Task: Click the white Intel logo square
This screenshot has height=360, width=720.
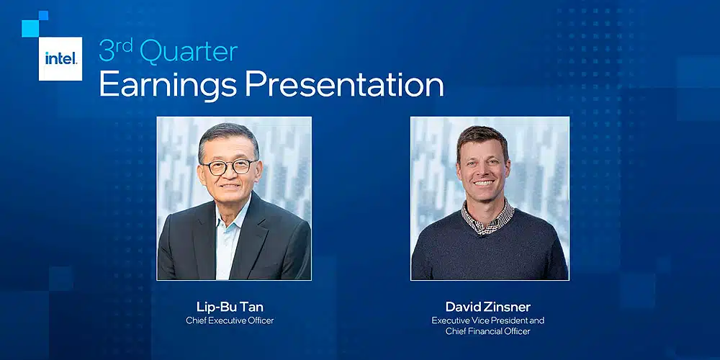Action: [x=60, y=59]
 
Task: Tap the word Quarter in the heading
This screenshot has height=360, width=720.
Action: [x=189, y=52]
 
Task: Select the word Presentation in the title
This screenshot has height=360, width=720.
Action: [x=344, y=84]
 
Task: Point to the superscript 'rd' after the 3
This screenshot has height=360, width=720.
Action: [x=125, y=45]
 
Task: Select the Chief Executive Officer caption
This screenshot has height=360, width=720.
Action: [x=230, y=320]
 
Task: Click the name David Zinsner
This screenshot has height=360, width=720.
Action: [x=487, y=307]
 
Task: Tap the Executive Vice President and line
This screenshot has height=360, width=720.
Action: [x=487, y=320]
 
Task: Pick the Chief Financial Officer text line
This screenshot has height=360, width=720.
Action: [x=487, y=331]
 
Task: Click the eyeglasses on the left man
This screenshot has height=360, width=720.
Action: [x=229, y=167]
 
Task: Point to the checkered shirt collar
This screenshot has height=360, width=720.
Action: [x=487, y=217]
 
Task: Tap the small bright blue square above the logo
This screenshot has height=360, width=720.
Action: [x=43, y=15]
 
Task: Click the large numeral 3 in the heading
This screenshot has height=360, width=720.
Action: [x=107, y=51]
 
